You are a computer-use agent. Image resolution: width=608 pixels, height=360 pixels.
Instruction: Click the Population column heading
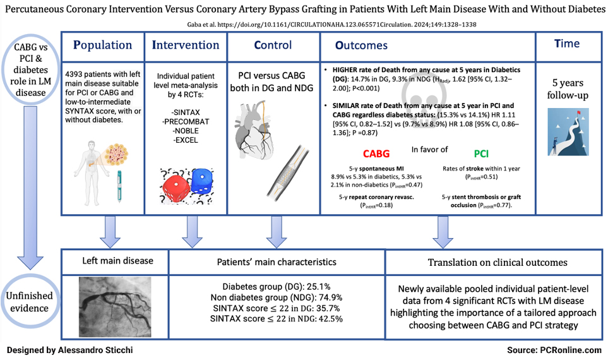(103, 45)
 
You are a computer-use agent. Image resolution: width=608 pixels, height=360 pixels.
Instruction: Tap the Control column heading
(273, 45)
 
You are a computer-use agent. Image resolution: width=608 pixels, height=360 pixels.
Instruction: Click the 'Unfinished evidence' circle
(31, 302)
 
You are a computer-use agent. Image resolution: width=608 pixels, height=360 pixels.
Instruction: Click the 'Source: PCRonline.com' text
(553, 349)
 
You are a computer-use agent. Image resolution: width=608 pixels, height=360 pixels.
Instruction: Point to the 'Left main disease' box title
(114, 260)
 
